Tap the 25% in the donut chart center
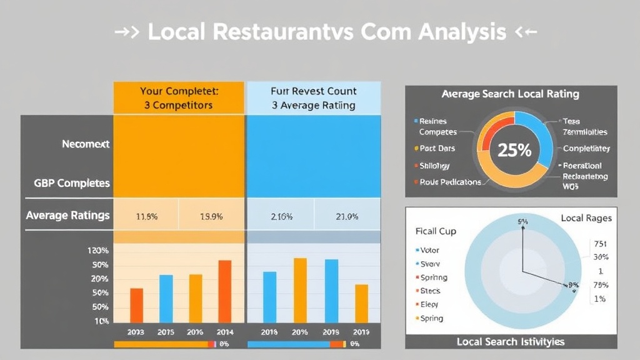coord(514,150)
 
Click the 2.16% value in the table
coord(282,216)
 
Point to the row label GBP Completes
coord(72,184)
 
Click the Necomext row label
coord(86,144)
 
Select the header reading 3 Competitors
coord(178,105)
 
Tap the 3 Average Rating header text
coord(313,105)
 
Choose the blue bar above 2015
coord(166,298)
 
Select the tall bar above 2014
coord(225,291)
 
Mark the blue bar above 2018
coord(269,297)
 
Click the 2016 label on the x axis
coord(196,332)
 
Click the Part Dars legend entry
coord(437,149)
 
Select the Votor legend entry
coord(430,250)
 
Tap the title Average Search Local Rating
coord(510,94)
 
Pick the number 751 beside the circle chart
coord(599,244)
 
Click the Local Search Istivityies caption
coord(510,341)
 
